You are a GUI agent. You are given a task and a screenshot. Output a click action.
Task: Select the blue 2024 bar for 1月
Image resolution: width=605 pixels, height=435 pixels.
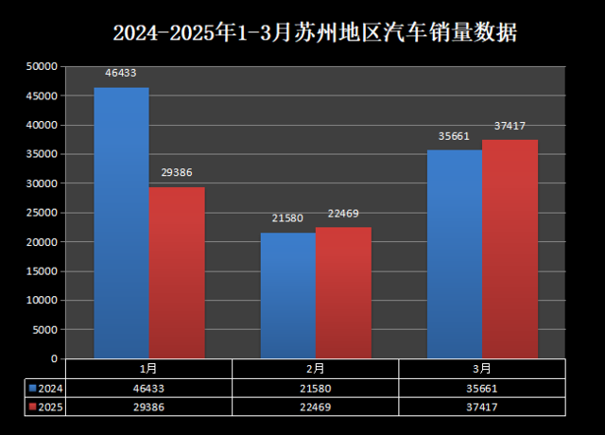121,223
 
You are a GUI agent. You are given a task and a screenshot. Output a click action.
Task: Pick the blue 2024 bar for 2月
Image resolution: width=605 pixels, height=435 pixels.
287,295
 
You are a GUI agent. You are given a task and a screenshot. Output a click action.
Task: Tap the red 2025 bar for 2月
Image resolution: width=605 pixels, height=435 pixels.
343,292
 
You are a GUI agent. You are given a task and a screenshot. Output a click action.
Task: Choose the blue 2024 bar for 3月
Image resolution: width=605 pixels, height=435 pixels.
455,253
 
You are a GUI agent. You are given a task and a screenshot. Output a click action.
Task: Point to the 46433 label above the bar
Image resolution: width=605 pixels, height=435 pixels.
121,72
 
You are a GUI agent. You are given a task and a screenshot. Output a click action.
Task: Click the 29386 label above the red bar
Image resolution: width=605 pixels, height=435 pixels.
177,173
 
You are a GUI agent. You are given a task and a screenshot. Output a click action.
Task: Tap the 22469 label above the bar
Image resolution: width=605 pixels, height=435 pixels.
343,213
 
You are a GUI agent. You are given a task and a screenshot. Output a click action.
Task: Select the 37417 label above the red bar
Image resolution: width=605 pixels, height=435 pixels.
510,126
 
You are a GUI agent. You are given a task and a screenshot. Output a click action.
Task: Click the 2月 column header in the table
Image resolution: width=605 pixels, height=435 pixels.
316,368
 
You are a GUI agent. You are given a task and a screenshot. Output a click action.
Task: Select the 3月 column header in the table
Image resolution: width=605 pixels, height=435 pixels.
482,368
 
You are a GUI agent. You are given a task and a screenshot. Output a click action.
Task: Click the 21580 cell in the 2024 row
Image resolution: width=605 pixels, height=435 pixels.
316,388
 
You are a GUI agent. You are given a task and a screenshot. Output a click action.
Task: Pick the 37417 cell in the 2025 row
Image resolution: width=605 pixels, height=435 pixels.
482,407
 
